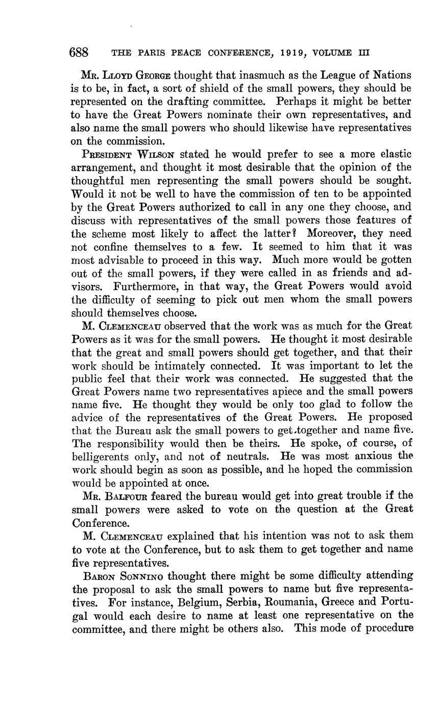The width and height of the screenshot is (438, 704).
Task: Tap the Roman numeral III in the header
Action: click(x=363, y=53)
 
